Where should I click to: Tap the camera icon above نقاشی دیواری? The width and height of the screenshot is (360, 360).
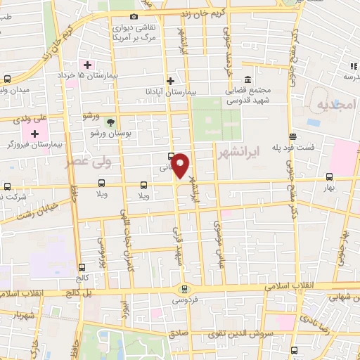click(x=134, y=16)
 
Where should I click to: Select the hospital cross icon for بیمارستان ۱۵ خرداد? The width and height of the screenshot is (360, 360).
click(x=87, y=65)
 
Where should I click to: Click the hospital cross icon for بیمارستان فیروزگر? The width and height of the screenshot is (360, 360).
click(x=34, y=133)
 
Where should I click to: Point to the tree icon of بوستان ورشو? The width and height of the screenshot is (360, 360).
click(x=108, y=122)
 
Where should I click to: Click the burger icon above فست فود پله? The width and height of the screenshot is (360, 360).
click(x=292, y=136)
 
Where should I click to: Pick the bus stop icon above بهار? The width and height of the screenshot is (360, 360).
click(x=330, y=177)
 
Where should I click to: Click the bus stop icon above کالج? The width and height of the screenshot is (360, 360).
click(x=82, y=267)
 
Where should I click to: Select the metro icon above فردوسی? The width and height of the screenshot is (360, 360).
click(x=184, y=288)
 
